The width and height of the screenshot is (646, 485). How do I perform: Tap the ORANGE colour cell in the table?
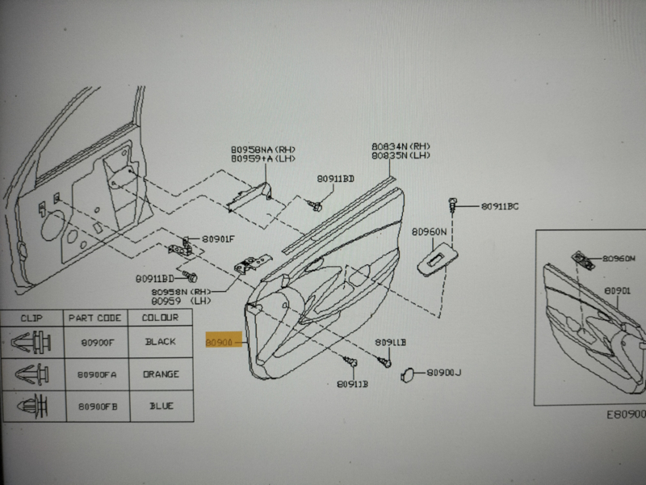click(161, 374)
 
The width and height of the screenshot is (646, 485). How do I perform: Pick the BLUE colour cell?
click(161, 406)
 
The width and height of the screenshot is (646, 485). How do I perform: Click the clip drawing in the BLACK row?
click(33, 343)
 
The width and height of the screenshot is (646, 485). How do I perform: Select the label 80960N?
click(428, 231)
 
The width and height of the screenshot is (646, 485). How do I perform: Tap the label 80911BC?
click(499, 207)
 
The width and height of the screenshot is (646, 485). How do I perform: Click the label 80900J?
click(443, 373)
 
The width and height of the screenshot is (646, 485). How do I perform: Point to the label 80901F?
click(218, 238)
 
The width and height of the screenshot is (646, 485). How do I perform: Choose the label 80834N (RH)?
click(399, 146)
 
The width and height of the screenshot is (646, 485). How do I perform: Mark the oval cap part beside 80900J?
click(409, 373)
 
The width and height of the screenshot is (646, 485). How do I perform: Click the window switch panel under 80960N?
click(436, 257)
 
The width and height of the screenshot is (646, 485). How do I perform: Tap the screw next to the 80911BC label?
click(456, 205)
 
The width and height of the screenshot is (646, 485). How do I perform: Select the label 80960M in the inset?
click(620, 260)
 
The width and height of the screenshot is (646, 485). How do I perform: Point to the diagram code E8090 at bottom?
click(625, 414)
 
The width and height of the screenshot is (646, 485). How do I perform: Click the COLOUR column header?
click(161, 318)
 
